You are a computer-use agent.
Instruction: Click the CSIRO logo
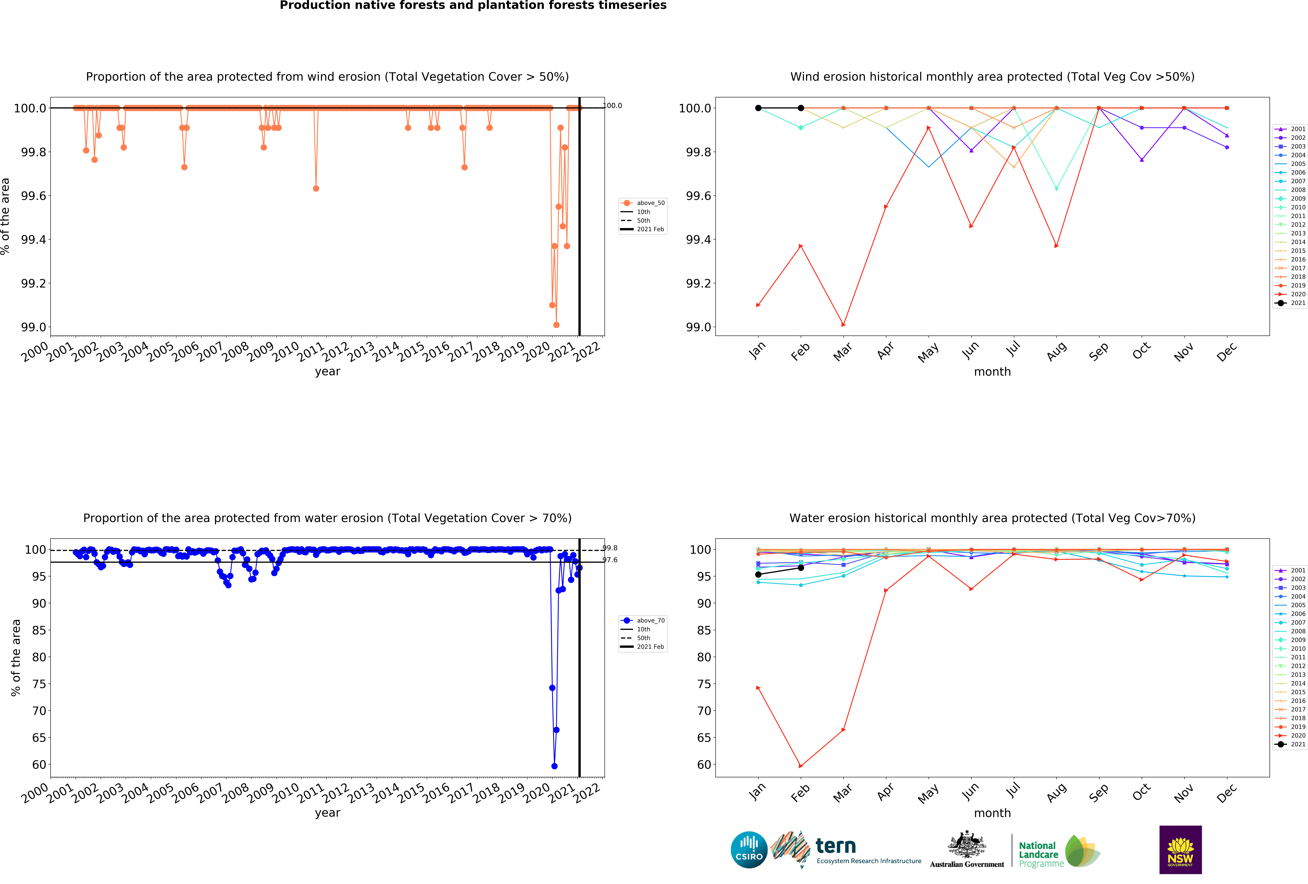coord(749,850)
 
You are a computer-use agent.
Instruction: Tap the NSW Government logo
coord(1180,850)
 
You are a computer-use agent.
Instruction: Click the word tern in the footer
coord(836,846)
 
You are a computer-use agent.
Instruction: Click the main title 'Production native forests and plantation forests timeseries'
coord(473,6)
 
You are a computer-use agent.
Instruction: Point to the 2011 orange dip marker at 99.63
coord(316,188)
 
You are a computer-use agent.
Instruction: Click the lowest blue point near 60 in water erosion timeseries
coord(554,766)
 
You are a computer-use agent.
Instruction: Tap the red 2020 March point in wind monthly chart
coord(843,325)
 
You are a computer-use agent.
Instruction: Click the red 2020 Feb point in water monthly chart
coord(801,766)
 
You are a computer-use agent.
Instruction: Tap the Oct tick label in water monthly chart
coord(1141,792)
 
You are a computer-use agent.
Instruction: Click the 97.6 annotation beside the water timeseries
coord(610,560)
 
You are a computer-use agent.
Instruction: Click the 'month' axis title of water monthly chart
coord(992,813)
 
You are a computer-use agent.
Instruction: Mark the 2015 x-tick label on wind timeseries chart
coord(411,352)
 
